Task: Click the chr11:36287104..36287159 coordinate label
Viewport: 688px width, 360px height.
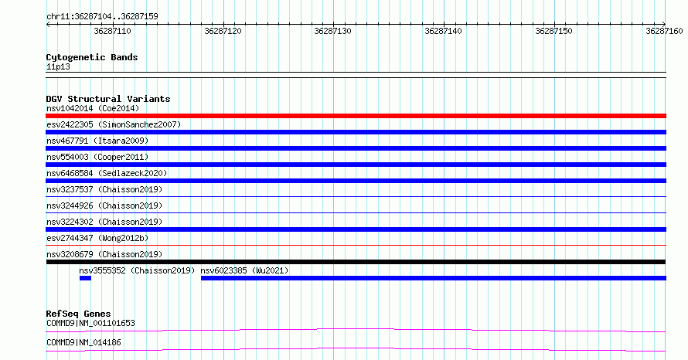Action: tap(102, 17)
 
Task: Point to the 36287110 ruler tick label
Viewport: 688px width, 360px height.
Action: tap(112, 31)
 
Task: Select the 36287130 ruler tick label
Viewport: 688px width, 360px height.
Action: tap(332, 31)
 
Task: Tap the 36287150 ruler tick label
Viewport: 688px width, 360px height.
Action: tap(553, 31)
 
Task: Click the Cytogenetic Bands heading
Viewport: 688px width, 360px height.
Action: tap(92, 57)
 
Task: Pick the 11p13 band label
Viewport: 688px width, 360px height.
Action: tap(58, 67)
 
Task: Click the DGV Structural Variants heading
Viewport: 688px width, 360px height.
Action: tap(108, 99)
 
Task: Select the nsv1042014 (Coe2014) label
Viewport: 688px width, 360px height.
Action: tap(93, 108)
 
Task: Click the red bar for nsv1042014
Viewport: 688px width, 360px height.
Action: tap(356, 116)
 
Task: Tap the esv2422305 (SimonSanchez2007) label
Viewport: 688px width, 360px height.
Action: tap(114, 124)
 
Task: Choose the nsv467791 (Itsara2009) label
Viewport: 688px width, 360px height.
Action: tap(97, 141)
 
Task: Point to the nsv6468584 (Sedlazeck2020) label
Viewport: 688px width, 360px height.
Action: tap(107, 173)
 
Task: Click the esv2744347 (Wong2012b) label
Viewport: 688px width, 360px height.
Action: tap(97, 238)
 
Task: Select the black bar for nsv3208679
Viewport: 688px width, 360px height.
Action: tap(356, 262)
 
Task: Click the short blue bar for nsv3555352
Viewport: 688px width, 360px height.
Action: tap(85, 278)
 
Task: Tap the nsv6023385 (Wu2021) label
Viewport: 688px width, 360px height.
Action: tap(244, 270)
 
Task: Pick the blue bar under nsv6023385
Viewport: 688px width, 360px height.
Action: tap(434, 278)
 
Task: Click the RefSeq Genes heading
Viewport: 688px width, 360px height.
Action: tap(78, 314)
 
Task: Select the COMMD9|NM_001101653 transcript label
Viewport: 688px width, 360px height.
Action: tap(90, 324)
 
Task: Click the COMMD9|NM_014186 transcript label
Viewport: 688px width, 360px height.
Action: tap(83, 343)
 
